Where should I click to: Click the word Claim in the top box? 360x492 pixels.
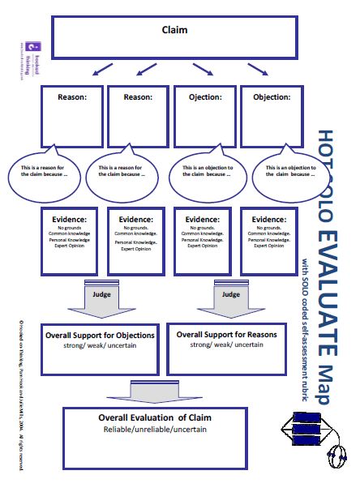[x=174, y=31]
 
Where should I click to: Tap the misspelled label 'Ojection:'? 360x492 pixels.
[x=205, y=97]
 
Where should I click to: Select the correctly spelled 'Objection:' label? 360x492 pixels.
[x=271, y=97]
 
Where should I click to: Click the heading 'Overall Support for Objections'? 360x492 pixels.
[x=101, y=335]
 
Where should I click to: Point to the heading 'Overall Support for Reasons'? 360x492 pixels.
[x=226, y=334]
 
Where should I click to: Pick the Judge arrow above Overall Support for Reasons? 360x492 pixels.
[x=230, y=295]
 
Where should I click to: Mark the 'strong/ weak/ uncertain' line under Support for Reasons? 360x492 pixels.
[x=226, y=345]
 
